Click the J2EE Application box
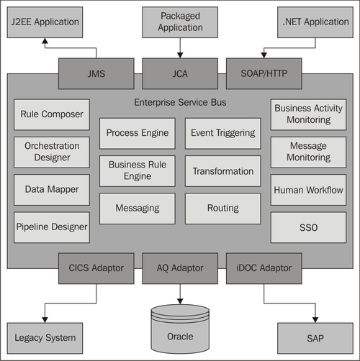(45, 22)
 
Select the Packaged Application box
(180, 22)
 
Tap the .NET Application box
(315, 22)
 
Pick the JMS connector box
(96, 73)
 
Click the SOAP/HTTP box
(264, 73)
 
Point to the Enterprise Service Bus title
(180, 102)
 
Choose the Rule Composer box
(52, 114)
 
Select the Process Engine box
(138, 133)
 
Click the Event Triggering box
(223, 133)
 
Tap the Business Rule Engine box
(138, 171)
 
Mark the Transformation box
(223, 171)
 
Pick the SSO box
(308, 227)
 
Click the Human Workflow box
(308, 190)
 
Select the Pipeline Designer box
(52, 227)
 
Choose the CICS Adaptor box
(96, 268)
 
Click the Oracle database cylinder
(180, 329)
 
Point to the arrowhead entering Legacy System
(45, 320)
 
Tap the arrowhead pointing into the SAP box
(315, 320)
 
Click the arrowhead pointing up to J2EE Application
(45, 41)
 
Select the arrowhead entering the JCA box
(180, 55)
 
